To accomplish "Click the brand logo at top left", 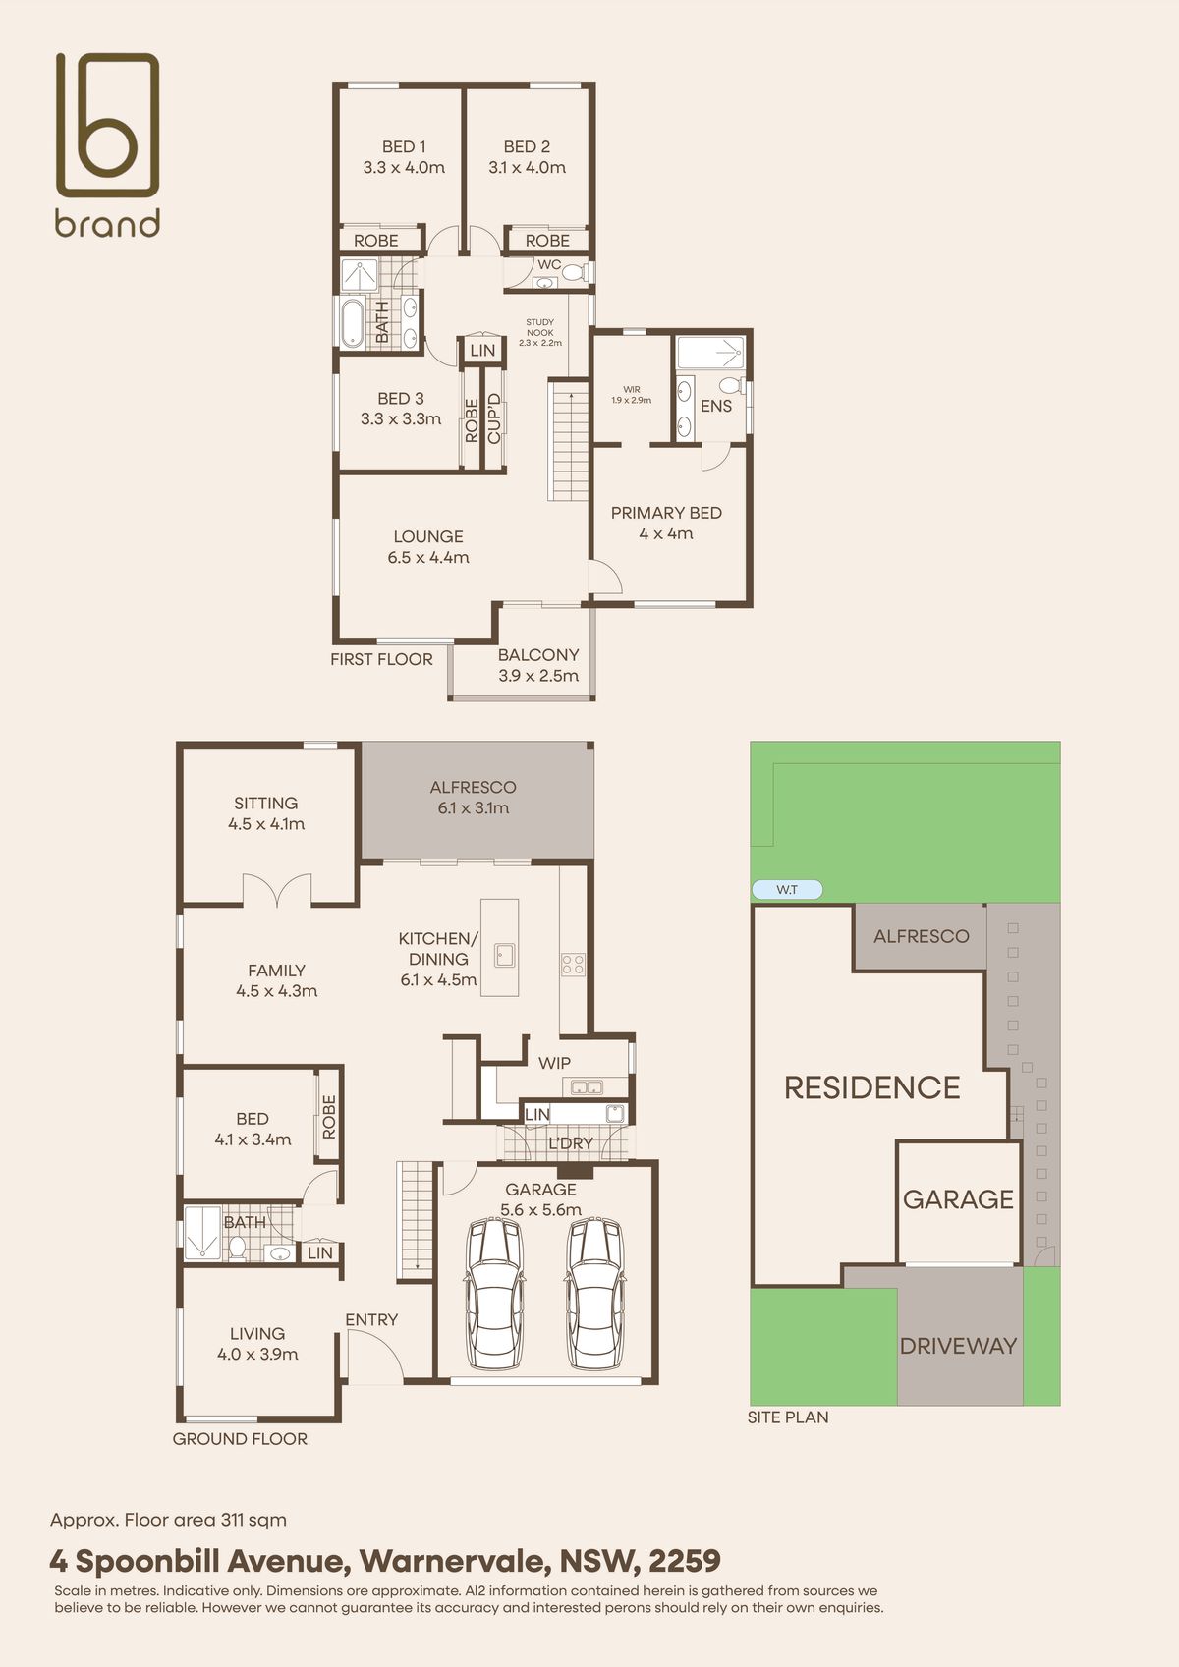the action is coord(108,145).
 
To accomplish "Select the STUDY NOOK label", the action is coord(539,327).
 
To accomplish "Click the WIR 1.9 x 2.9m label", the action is coord(631,395).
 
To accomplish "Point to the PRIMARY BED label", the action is coord(666,513).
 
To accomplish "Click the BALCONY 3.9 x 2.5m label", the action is coord(538,665).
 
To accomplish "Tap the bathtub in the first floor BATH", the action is coord(352,323).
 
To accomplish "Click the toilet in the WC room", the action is coord(573,272).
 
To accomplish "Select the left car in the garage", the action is coord(493,1293).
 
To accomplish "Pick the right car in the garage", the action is coord(594,1293).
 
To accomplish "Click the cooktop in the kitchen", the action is coord(573,965).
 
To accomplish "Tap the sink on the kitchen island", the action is coord(505,955).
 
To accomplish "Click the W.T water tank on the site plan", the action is coord(787,889).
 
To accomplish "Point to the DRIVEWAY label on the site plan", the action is coord(958,1346).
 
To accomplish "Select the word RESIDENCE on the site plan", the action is coord(871,1087).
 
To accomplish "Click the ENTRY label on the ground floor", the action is coord(371,1319).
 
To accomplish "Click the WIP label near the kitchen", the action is coord(554,1064).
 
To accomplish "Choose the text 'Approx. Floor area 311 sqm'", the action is coord(168,1520).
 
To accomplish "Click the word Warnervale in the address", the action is coord(455,1561).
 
